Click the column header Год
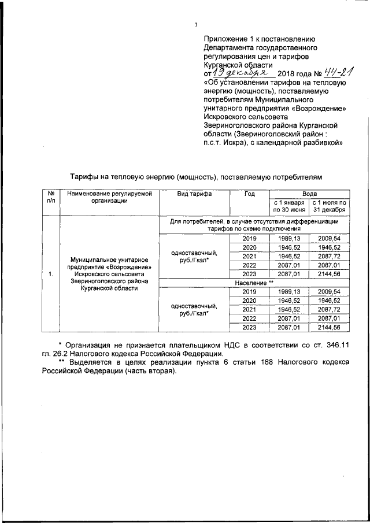coord(249,194)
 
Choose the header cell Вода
coord(309,194)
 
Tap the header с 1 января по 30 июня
coord(288,206)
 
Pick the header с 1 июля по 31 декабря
coord(329,206)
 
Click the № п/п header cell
coord(51,198)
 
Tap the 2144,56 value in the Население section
coord(329,328)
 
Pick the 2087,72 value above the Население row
coord(329,256)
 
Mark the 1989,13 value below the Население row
coord(288,292)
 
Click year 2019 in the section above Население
coord(249,238)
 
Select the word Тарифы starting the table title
coord(85,175)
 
